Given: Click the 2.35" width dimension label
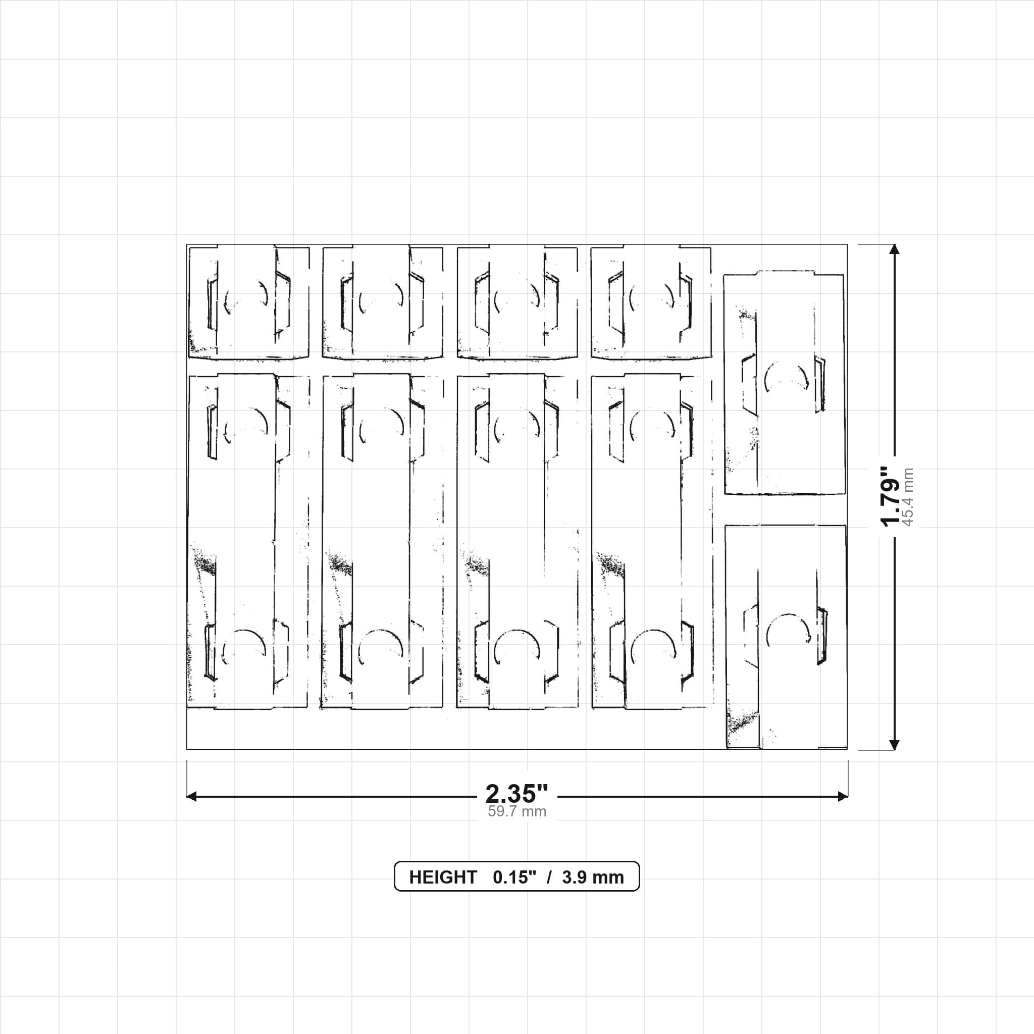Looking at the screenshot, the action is pyautogui.click(x=516, y=794).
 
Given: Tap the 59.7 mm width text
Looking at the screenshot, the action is pyautogui.click(x=516, y=811).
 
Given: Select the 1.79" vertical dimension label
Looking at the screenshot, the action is pyautogui.click(x=891, y=496).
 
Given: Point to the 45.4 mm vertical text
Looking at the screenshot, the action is pyautogui.click(x=908, y=497).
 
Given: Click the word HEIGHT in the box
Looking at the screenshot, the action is pyautogui.click(x=443, y=877).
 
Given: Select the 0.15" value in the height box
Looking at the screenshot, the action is pyautogui.click(x=514, y=877).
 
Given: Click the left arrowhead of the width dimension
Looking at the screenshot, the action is pyautogui.click(x=191, y=796).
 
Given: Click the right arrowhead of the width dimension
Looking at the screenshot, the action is pyautogui.click(x=843, y=796).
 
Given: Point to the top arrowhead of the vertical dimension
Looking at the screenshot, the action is pyautogui.click(x=894, y=249).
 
